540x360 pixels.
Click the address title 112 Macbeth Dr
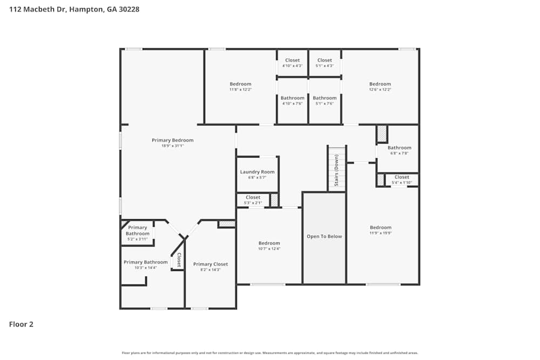(74, 9)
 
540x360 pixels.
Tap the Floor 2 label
(21, 324)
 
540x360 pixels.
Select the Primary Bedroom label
(172, 140)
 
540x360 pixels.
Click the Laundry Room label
(257, 172)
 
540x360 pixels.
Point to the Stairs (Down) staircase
(336, 168)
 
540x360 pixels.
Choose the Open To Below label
(324, 236)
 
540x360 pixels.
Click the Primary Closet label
(211, 264)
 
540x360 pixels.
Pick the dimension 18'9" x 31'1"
(172, 146)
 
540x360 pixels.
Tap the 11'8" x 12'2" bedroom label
(240, 84)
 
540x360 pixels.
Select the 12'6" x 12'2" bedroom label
(380, 84)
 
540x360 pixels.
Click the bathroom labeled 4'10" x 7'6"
(292, 98)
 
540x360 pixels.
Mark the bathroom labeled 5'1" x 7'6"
(325, 98)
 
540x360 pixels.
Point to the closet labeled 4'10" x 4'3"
(292, 60)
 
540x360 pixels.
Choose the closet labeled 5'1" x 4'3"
(325, 60)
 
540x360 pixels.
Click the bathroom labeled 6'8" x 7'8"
(399, 148)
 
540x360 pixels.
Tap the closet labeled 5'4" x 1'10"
(401, 177)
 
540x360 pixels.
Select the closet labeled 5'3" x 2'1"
(253, 198)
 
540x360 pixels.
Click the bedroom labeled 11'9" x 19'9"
(380, 228)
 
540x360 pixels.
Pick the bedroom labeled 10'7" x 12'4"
(269, 243)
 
